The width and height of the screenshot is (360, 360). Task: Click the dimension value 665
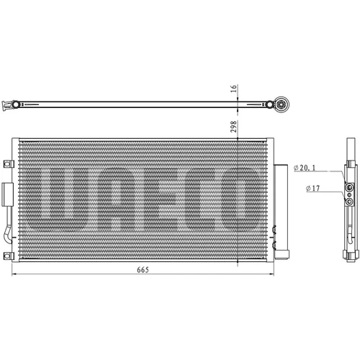[143, 270]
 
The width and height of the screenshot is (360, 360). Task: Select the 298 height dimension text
[233, 127]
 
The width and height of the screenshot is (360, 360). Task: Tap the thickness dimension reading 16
[233, 89]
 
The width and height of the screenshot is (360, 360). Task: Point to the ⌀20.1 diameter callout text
[305, 168]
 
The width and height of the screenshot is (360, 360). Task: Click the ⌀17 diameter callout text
[313, 188]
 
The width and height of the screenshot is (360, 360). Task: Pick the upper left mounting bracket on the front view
[9, 164]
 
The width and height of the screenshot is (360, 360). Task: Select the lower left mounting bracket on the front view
[9, 256]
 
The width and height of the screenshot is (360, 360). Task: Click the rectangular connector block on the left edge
[7, 194]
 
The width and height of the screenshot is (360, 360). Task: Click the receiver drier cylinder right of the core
[281, 212]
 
